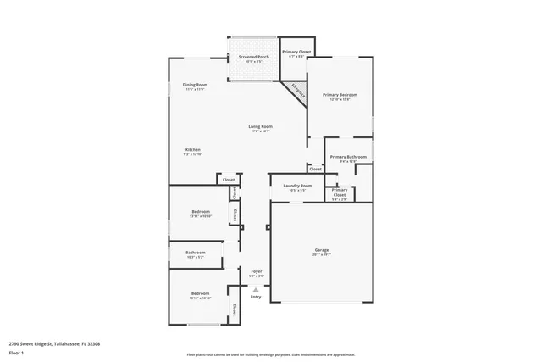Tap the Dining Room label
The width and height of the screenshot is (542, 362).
coord(195,85)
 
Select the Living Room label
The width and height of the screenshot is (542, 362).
coord(260,126)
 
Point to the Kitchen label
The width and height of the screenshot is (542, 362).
coord(193,150)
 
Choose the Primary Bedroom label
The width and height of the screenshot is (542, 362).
coord(340,95)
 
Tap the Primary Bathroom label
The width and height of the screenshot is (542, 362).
coord(348,156)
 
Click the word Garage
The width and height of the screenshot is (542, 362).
coord(322,249)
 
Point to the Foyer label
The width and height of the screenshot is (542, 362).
coord(256,271)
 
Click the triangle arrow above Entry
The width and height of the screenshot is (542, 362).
coord(256,289)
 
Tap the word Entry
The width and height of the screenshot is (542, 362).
coord(256,297)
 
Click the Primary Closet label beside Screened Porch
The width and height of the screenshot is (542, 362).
coord(296,52)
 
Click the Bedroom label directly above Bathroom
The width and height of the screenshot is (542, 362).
coord(201,211)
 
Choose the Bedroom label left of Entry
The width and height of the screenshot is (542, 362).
coord(201,293)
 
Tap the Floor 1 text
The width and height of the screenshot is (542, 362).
coord(15,351)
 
